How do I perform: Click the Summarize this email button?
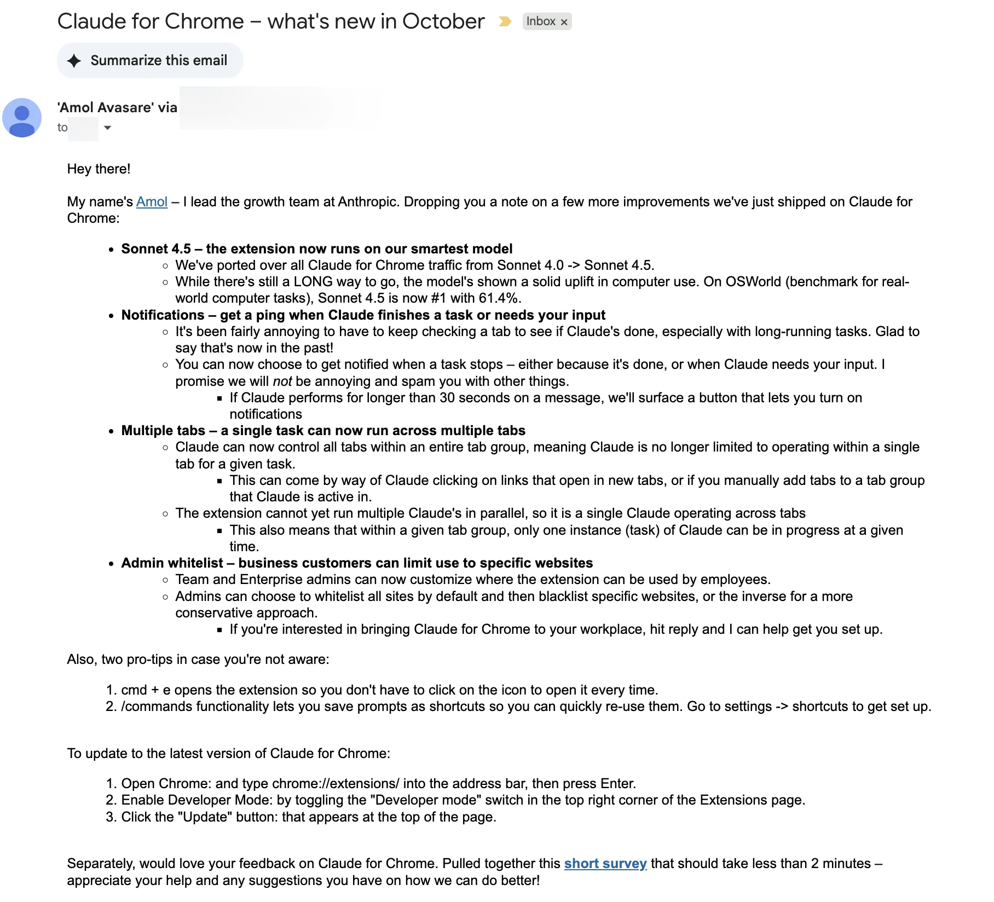[149, 60]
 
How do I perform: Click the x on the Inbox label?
[564, 22]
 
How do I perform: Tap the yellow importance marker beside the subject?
[505, 21]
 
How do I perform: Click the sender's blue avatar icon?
[22, 118]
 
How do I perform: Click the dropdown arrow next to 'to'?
[107, 128]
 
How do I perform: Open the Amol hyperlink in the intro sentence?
[152, 202]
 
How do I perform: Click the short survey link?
[605, 864]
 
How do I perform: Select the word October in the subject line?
[443, 21]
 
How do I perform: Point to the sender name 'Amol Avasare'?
[106, 107]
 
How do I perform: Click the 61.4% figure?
[498, 298]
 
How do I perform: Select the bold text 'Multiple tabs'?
[163, 431]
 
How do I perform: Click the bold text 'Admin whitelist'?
[172, 563]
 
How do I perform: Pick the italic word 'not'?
[282, 381]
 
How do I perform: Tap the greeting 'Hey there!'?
[99, 169]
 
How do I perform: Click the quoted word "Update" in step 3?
[205, 817]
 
